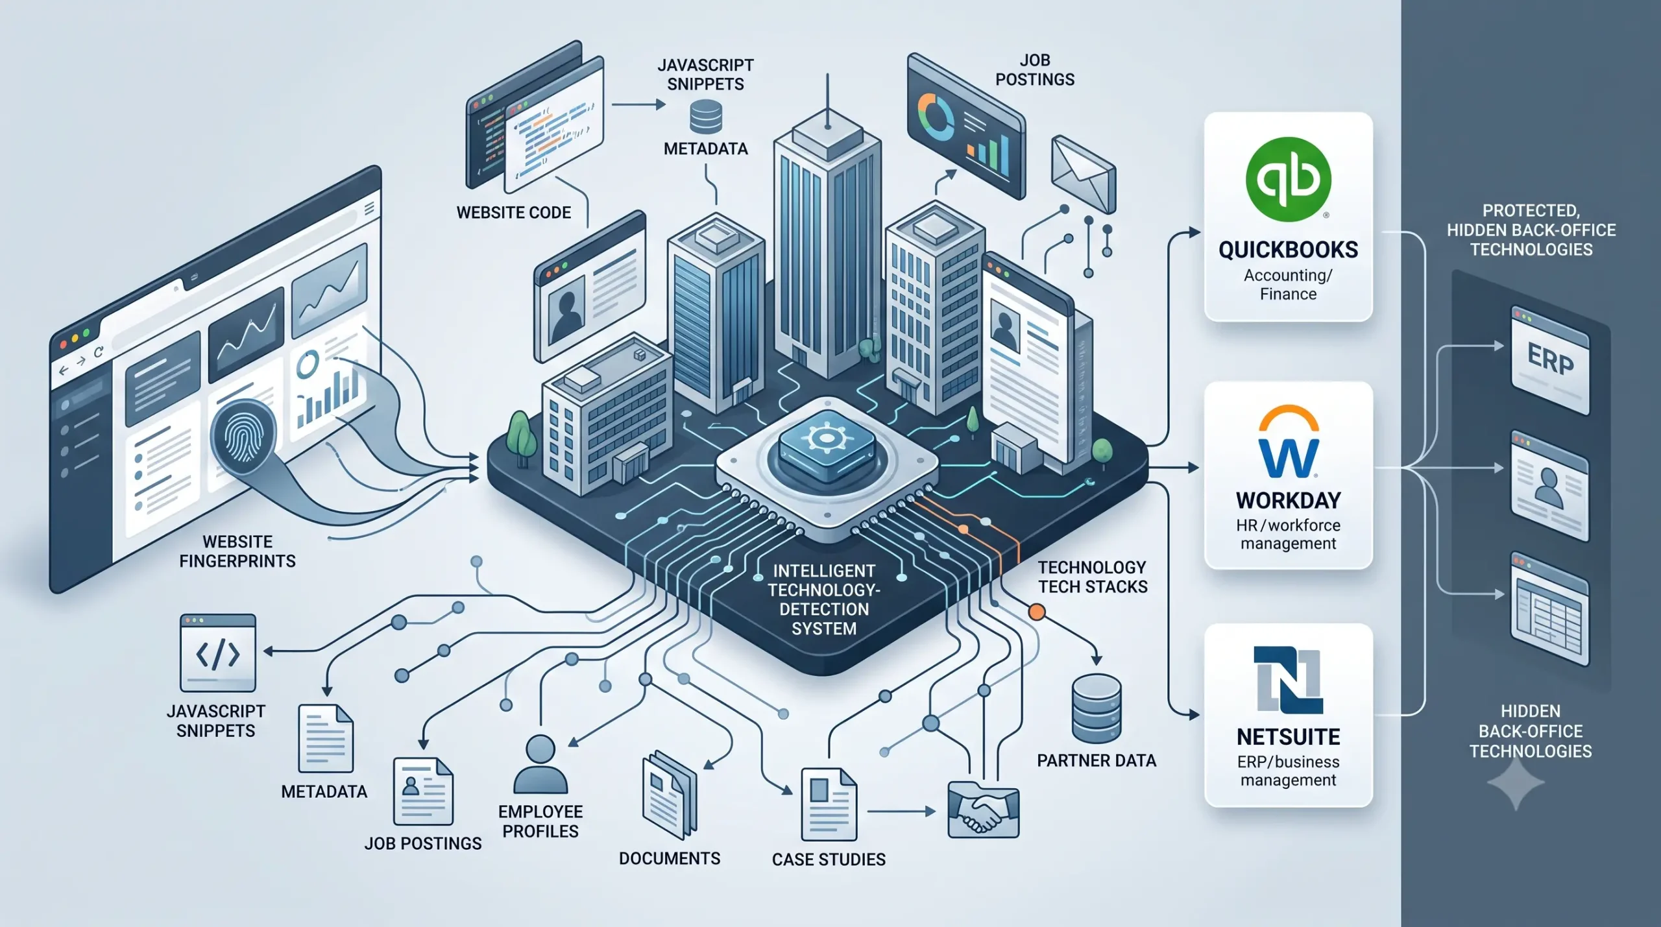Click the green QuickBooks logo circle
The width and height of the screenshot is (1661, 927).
tap(1288, 179)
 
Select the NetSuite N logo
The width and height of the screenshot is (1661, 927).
tap(1288, 680)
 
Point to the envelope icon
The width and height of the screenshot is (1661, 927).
tap(1083, 174)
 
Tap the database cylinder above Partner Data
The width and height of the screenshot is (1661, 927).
tap(1097, 708)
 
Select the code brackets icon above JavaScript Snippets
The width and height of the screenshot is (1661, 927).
tap(218, 653)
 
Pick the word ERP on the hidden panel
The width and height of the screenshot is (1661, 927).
tap(1550, 359)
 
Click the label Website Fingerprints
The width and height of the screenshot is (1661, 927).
tap(237, 551)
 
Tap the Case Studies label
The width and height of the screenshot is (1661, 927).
tap(829, 860)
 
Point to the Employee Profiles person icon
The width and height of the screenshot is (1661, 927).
tap(540, 764)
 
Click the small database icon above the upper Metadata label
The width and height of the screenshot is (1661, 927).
tap(706, 117)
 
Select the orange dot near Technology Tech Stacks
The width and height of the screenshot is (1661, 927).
tap(1037, 612)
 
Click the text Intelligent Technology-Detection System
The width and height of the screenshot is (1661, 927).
tap(824, 599)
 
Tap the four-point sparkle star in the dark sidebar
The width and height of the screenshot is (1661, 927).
tap(1516, 784)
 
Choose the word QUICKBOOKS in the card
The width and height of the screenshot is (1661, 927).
tap(1288, 250)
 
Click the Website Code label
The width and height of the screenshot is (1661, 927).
tap(514, 213)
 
